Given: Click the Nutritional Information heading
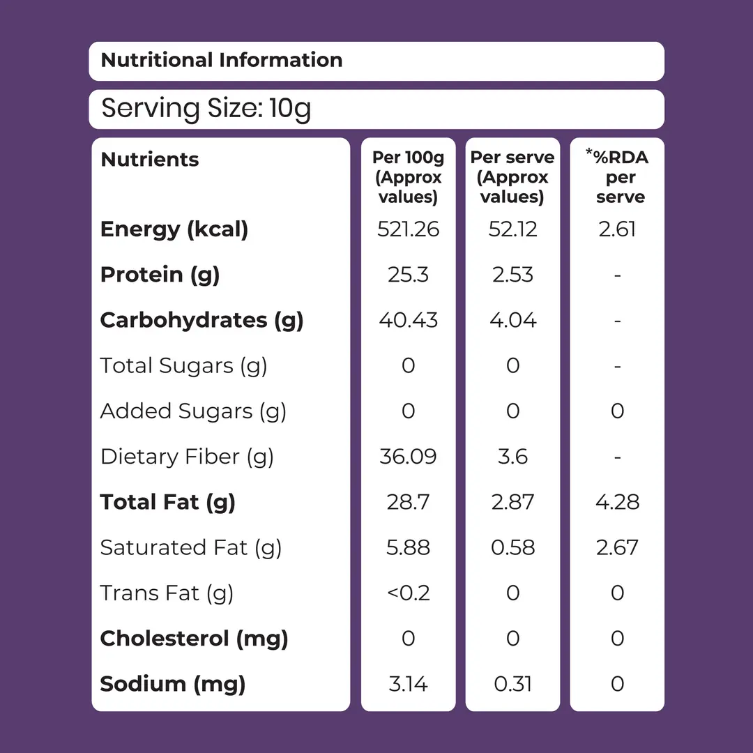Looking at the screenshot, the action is [222, 60].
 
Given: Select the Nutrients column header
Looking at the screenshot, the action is [150, 160].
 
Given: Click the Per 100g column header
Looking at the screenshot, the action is [408, 176].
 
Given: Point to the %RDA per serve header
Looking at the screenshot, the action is [618, 176].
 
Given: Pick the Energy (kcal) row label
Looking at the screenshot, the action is [174, 229].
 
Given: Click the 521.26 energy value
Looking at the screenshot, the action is [408, 229].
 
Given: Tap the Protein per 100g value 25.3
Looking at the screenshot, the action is [408, 275].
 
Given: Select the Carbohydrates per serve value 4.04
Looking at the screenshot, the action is [513, 320].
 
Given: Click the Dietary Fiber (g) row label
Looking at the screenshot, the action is [187, 457].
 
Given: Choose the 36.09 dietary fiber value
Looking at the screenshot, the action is [408, 457].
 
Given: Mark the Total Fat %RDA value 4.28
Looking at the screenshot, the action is [618, 502].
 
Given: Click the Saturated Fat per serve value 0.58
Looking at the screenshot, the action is [513, 548].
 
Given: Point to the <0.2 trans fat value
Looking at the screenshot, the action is [408, 593].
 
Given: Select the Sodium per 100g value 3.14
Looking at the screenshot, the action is [408, 685].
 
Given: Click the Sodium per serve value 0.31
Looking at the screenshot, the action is [513, 685].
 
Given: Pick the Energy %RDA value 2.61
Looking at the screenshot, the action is [618, 229].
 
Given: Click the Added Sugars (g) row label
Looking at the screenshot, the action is [193, 411].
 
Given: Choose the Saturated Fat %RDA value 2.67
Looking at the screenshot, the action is [618, 548].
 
